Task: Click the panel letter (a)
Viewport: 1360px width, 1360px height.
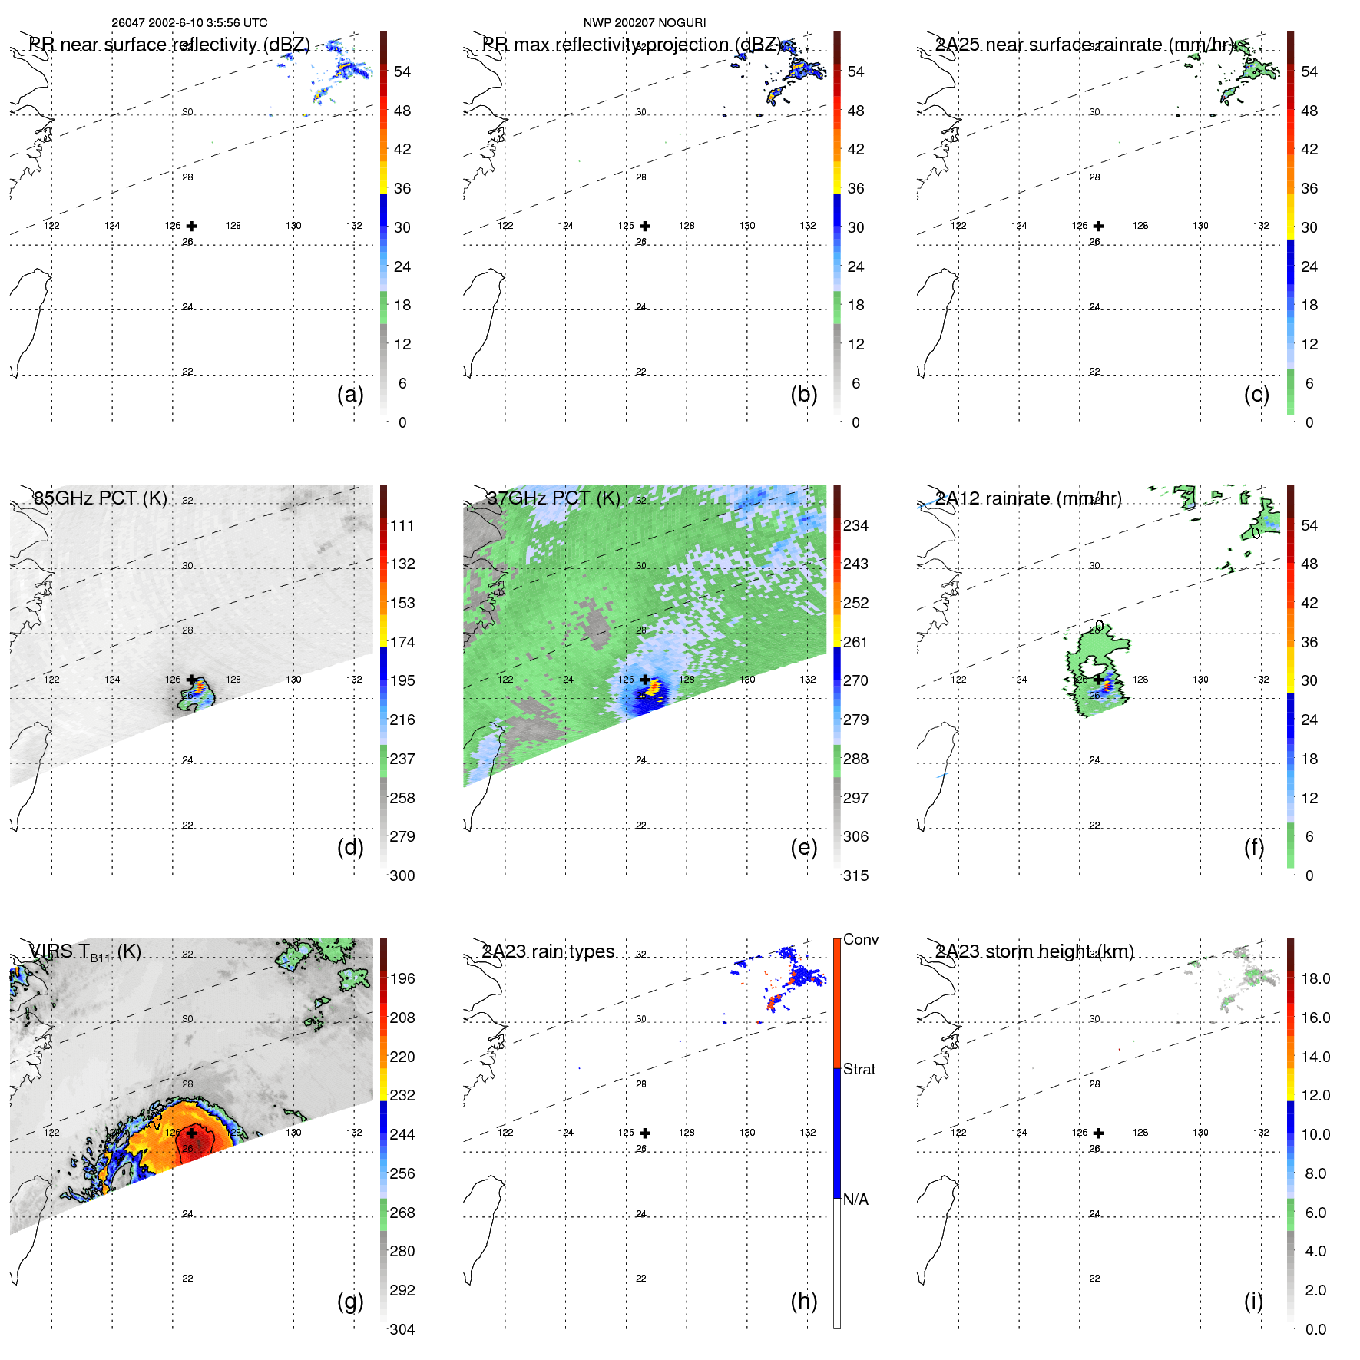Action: [350, 395]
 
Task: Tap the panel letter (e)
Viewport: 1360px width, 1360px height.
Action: [803, 848]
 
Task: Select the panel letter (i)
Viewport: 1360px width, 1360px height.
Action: [1253, 1302]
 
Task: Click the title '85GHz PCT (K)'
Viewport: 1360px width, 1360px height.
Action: [100, 498]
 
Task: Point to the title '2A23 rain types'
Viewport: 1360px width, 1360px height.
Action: [548, 951]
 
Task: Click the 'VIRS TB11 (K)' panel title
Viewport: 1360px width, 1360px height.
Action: [84, 952]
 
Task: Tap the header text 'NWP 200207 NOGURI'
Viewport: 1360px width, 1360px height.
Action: [644, 23]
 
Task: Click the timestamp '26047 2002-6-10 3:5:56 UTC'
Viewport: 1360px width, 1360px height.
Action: [190, 23]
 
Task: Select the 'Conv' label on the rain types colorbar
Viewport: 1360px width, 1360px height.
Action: [861, 939]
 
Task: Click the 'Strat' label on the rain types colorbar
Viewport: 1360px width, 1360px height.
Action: [859, 1069]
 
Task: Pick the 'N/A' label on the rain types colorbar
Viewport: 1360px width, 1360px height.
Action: [855, 1200]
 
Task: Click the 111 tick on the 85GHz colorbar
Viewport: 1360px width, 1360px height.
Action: [402, 525]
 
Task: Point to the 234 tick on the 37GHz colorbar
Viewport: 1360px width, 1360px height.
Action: [855, 525]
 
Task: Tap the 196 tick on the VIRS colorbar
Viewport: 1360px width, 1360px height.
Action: [402, 978]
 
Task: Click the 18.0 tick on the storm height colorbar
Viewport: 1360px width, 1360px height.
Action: [1315, 978]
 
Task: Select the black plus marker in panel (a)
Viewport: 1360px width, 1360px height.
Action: [191, 226]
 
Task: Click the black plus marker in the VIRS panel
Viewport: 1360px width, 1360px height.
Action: [191, 1133]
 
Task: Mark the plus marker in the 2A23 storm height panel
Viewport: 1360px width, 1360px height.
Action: [1098, 1133]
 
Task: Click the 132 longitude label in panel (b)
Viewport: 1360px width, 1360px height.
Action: [807, 226]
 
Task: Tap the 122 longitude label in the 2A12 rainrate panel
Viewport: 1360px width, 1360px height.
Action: [958, 680]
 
